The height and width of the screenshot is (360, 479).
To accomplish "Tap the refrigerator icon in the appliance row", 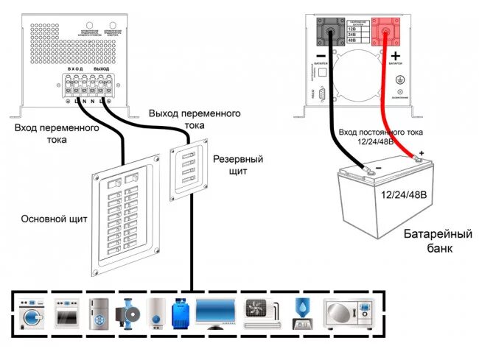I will pyautogui.click(x=99, y=311).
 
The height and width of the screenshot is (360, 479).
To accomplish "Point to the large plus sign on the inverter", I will pyautogui.click(x=396, y=57).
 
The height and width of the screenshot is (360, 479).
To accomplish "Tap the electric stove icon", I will pyautogui.click(x=66, y=311).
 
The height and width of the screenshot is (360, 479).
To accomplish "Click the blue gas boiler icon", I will pyautogui.click(x=179, y=311).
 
